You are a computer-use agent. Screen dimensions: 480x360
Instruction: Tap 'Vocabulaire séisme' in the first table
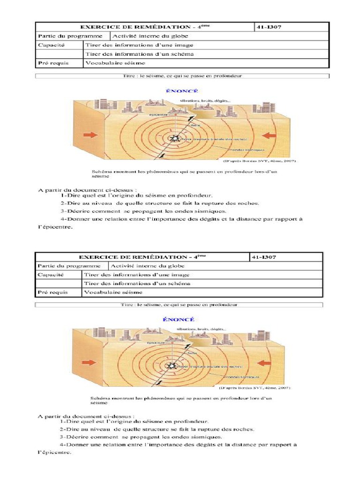tap(114, 63)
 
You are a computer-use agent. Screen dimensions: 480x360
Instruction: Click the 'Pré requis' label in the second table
tap(52, 292)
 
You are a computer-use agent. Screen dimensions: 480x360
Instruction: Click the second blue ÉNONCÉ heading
tap(178, 319)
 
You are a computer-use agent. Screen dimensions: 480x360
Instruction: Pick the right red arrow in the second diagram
tap(266, 363)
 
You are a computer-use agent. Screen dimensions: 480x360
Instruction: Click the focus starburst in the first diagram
tap(175, 139)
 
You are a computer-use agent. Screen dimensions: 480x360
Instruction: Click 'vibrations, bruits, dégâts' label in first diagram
tap(205, 101)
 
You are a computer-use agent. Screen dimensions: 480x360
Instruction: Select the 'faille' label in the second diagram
tap(192, 352)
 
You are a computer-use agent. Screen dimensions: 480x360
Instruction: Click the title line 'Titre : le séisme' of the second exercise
tap(180, 305)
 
